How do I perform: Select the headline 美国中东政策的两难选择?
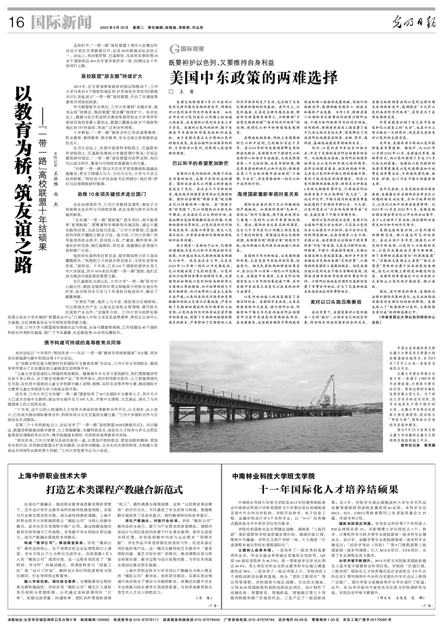coord(253,78)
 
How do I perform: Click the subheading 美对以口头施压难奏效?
coord(336,302)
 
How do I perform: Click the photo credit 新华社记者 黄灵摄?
coord(417,445)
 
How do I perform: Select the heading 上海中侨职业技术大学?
coord(52,476)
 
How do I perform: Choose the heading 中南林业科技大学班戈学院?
coord(273,476)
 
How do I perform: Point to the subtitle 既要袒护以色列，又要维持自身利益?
coord(221,63)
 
